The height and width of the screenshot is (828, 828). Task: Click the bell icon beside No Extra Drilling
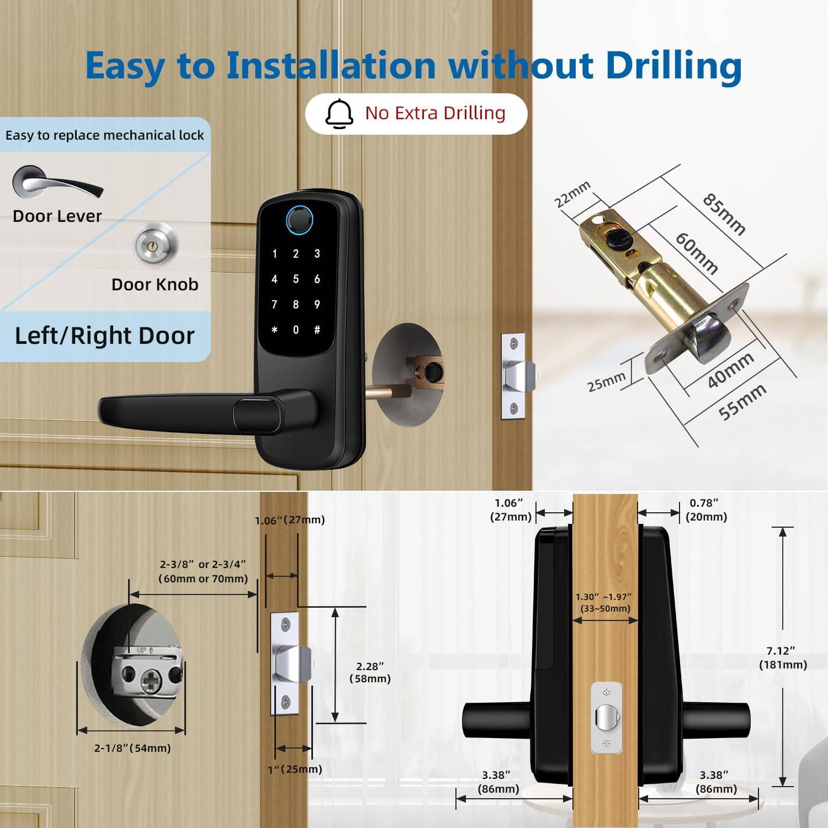click(x=339, y=114)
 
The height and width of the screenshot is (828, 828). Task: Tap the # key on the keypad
click(x=317, y=330)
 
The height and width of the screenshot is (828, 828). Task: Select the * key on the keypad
click(x=274, y=330)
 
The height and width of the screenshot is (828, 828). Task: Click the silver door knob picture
click(x=156, y=243)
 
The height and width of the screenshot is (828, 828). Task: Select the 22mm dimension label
click(x=572, y=194)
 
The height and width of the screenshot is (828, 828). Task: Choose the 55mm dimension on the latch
click(x=742, y=401)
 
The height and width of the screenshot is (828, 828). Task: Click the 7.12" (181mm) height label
click(x=782, y=657)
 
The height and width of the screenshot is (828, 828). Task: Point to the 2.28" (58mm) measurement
click(x=370, y=672)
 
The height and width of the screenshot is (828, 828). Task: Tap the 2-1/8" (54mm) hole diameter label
click(x=132, y=748)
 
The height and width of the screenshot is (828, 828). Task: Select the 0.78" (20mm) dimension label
click(x=706, y=509)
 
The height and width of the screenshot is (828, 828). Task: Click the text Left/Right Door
click(x=104, y=336)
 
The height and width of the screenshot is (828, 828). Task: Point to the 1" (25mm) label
click(x=295, y=769)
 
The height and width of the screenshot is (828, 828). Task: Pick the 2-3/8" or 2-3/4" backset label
click(x=203, y=571)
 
